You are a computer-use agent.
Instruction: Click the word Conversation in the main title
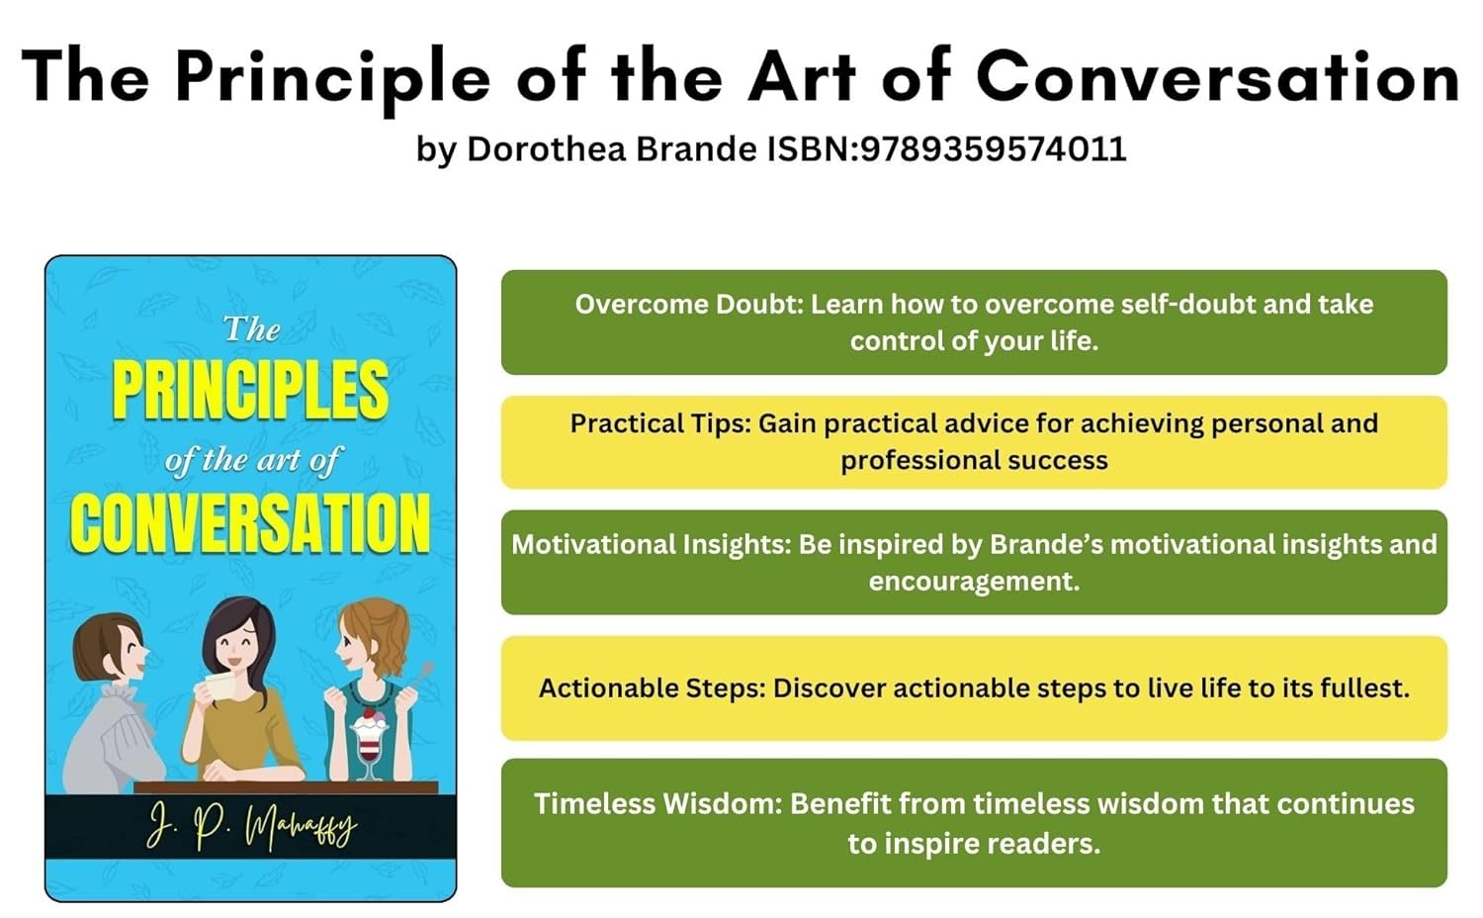click(x=1218, y=76)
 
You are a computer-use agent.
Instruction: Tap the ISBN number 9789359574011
click(x=993, y=148)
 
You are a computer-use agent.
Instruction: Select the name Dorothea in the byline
click(x=546, y=148)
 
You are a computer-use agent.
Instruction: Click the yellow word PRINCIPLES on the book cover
click(x=250, y=390)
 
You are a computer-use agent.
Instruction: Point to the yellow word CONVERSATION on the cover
click(x=250, y=523)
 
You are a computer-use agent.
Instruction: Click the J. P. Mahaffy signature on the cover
click(x=251, y=826)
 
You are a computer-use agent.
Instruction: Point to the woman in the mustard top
click(x=241, y=688)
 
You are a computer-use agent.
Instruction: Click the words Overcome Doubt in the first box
click(x=688, y=304)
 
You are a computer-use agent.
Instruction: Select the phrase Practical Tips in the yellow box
click(x=660, y=424)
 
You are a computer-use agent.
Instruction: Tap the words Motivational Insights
click(x=652, y=544)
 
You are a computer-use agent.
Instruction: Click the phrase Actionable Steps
click(x=653, y=688)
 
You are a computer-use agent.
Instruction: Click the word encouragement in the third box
click(x=974, y=582)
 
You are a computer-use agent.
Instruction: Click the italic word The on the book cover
click(x=251, y=329)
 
